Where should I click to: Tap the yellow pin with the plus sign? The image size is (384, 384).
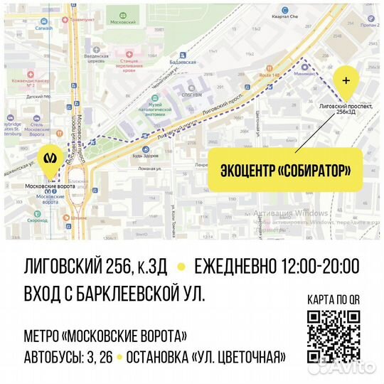(x=346, y=80)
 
